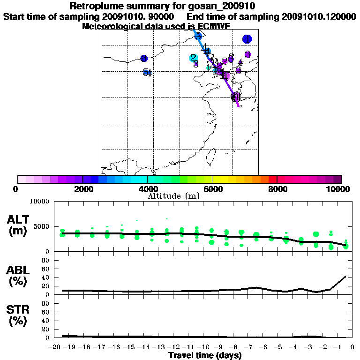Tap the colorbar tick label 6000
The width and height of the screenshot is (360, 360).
pyautogui.click(x=212, y=189)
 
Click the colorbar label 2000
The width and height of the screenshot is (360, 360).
pyautogui.click(x=82, y=189)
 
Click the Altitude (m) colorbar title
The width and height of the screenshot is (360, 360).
pyautogui.click(x=174, y=196)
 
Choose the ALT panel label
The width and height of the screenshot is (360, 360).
pyautogui.click(x=18, y=219)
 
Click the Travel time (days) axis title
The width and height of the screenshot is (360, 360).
pyautogui.click(x=205, y=355)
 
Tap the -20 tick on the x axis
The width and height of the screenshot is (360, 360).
pyautogui.click(x=55, y=347)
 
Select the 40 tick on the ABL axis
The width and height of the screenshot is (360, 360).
pyautogui.click(x=46, y=277)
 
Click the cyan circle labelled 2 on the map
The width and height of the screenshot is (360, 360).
pyautogui.click(x=193, y=58)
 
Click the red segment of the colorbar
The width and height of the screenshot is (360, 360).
pyautogui.click(x=272, y=179)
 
